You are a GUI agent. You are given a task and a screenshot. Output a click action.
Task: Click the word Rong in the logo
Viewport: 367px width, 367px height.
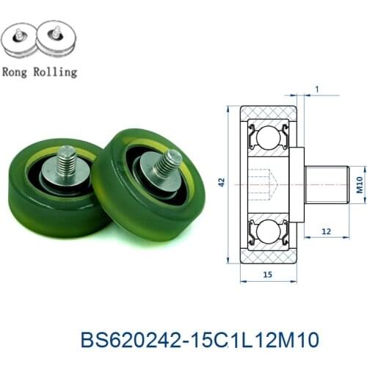[x=18, y=72]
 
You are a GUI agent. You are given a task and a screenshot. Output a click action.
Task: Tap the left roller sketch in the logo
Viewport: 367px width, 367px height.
[x=20, y=42]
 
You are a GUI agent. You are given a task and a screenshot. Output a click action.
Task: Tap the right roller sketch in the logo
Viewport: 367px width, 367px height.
[x=57, y=42]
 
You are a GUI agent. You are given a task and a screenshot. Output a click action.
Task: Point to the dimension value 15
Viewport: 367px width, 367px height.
[x=269, y=274]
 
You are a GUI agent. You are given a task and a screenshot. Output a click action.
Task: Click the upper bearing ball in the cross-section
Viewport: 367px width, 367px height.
[x=269, y=136]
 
